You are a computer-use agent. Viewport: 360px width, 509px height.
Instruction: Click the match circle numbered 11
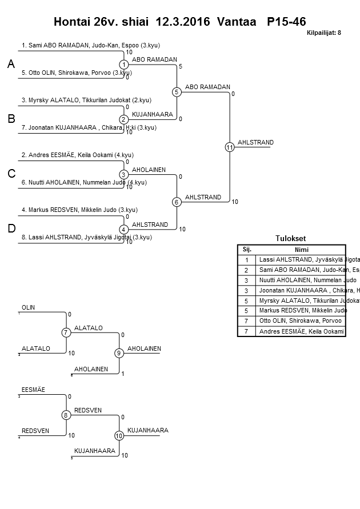pos(230,147)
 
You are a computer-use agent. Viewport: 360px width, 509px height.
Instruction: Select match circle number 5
pos(177,92)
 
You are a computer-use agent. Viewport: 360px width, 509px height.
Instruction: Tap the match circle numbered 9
pos(119,353)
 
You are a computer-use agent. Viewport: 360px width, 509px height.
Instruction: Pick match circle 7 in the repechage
pos(66,332)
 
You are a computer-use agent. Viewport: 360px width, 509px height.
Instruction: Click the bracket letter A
pos(11,65)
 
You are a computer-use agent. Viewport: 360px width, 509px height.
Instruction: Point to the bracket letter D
pos(11,229)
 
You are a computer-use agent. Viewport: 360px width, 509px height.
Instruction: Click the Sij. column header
pos(247,249)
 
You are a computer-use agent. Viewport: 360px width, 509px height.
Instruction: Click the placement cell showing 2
pos(247,270)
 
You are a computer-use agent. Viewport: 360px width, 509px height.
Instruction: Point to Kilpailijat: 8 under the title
pos(323,33)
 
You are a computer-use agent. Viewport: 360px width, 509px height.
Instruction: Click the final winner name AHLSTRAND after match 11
pos(255,142)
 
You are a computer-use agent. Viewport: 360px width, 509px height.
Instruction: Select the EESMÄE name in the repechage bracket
pos(34,390)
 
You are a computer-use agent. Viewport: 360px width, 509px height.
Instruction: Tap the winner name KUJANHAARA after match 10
pos(144,430)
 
